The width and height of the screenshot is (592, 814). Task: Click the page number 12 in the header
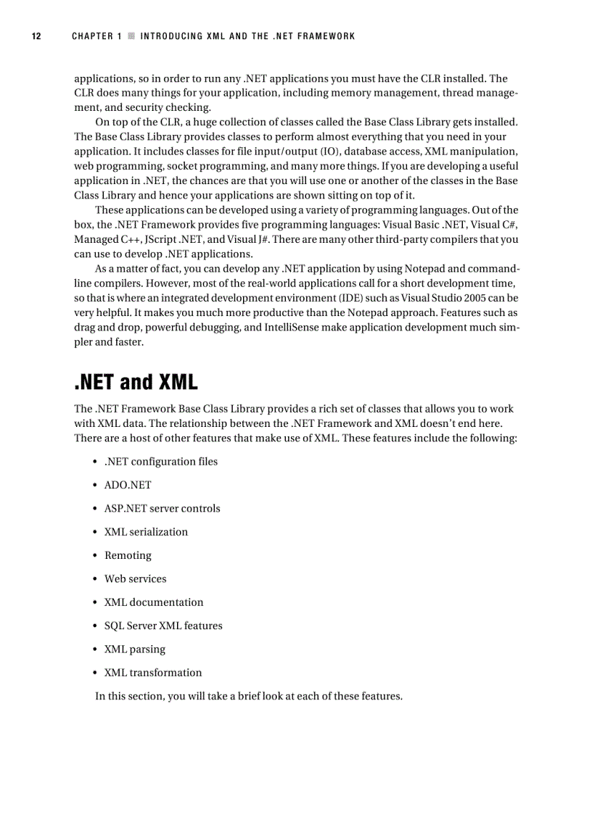pyautogui.click(x=35, y=36)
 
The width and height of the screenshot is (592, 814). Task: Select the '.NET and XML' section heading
pyautogui.click(x=136, y=381)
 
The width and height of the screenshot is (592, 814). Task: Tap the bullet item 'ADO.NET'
pyautogui.click(x=128, y=485)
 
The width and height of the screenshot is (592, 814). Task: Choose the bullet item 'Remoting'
pyautogui.click(x=128, y=555)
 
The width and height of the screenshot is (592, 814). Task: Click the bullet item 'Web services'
pyautogui.click(x=135, y=578)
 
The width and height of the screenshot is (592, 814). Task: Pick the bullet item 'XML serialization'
pyautogui.click(x=146, y=532)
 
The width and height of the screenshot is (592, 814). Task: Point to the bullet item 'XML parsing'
pyautogui.click(x=134, y=649)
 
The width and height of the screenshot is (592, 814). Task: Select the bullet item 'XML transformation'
pyautogui.click(x=153, y=673)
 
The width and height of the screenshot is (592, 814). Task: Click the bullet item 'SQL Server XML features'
pyautogui.click(x=163, y=626)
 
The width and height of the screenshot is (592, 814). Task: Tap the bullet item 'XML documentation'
pyautogui.click(x=154, y=602)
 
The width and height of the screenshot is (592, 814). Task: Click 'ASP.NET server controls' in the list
pyautogui.click(x=162, y=508)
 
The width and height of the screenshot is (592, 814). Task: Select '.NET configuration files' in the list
pyautogui.click(x=160, y=462)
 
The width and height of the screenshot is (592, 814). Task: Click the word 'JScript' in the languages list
pyautogui.click(x=161, y=239)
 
